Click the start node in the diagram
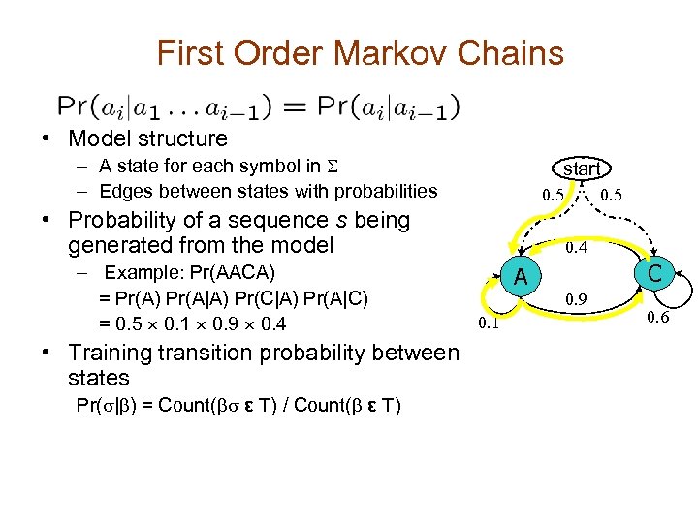[x=582, y=169]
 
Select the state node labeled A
[x=521, y=277]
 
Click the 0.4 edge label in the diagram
[x=577, y=249]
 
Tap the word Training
[x=121, y=353]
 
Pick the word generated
[x=123, y=245]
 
